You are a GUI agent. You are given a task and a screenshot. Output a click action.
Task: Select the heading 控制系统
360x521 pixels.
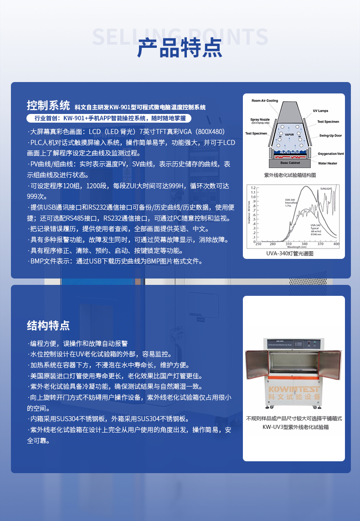point(48,106)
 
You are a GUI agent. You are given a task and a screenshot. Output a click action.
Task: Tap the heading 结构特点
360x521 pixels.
point(48,325)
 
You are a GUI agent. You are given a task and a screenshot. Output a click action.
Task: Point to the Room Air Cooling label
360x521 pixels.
point(265,101)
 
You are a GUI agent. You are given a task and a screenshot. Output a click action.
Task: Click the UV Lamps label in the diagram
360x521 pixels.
point(320,111)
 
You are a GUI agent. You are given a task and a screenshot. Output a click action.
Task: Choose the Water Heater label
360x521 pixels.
point(327,163)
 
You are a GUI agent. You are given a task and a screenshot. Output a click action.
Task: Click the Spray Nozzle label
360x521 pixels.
point(260,120)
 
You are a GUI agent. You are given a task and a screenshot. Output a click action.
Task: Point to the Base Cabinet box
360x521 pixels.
point(290,163)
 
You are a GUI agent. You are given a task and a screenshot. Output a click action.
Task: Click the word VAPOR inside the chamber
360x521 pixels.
point(289,135)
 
